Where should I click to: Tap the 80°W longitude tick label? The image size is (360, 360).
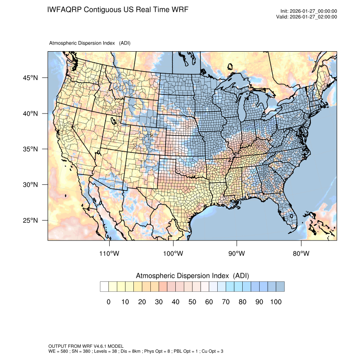pyautogui.click(x=301, y=254)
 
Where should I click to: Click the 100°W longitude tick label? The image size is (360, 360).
pyautogui.click(x=173, y=254)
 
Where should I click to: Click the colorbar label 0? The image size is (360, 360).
pyautogui.click(x=108, y=302)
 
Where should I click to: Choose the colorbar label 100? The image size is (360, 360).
pyautogui.click(x=275, y=302)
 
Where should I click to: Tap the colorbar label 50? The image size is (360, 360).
pyautogui.click(x=192, y=302)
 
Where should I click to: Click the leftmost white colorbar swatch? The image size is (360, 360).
pyautogui.click(x=104, y=287)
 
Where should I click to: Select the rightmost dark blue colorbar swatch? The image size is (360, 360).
pyautogui.click(x=280, y=287)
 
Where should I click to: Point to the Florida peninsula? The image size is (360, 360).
pyautogui.click(x=293, y=212)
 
